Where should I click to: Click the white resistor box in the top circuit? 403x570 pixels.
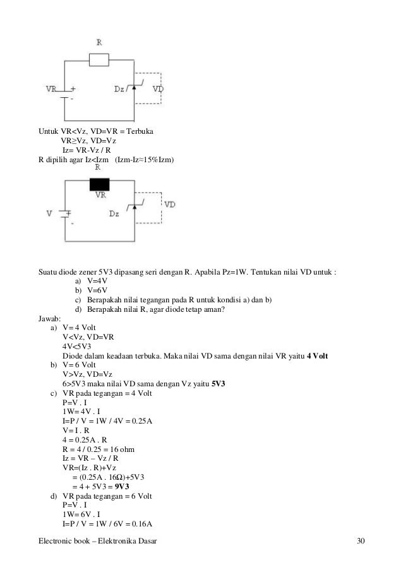coord(99,59)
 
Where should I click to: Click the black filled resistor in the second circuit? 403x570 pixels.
coord(99,184)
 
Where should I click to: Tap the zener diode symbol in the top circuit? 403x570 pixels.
coord(135,89)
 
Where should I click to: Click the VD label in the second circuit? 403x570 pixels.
coord(169,205)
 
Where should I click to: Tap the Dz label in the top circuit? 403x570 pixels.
coord(118,90)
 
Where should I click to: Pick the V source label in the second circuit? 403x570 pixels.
coord(49,213)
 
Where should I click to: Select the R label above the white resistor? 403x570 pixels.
coord(99,42)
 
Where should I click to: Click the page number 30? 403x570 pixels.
coord(361,542)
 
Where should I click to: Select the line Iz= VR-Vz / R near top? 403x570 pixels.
coord(87,150)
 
